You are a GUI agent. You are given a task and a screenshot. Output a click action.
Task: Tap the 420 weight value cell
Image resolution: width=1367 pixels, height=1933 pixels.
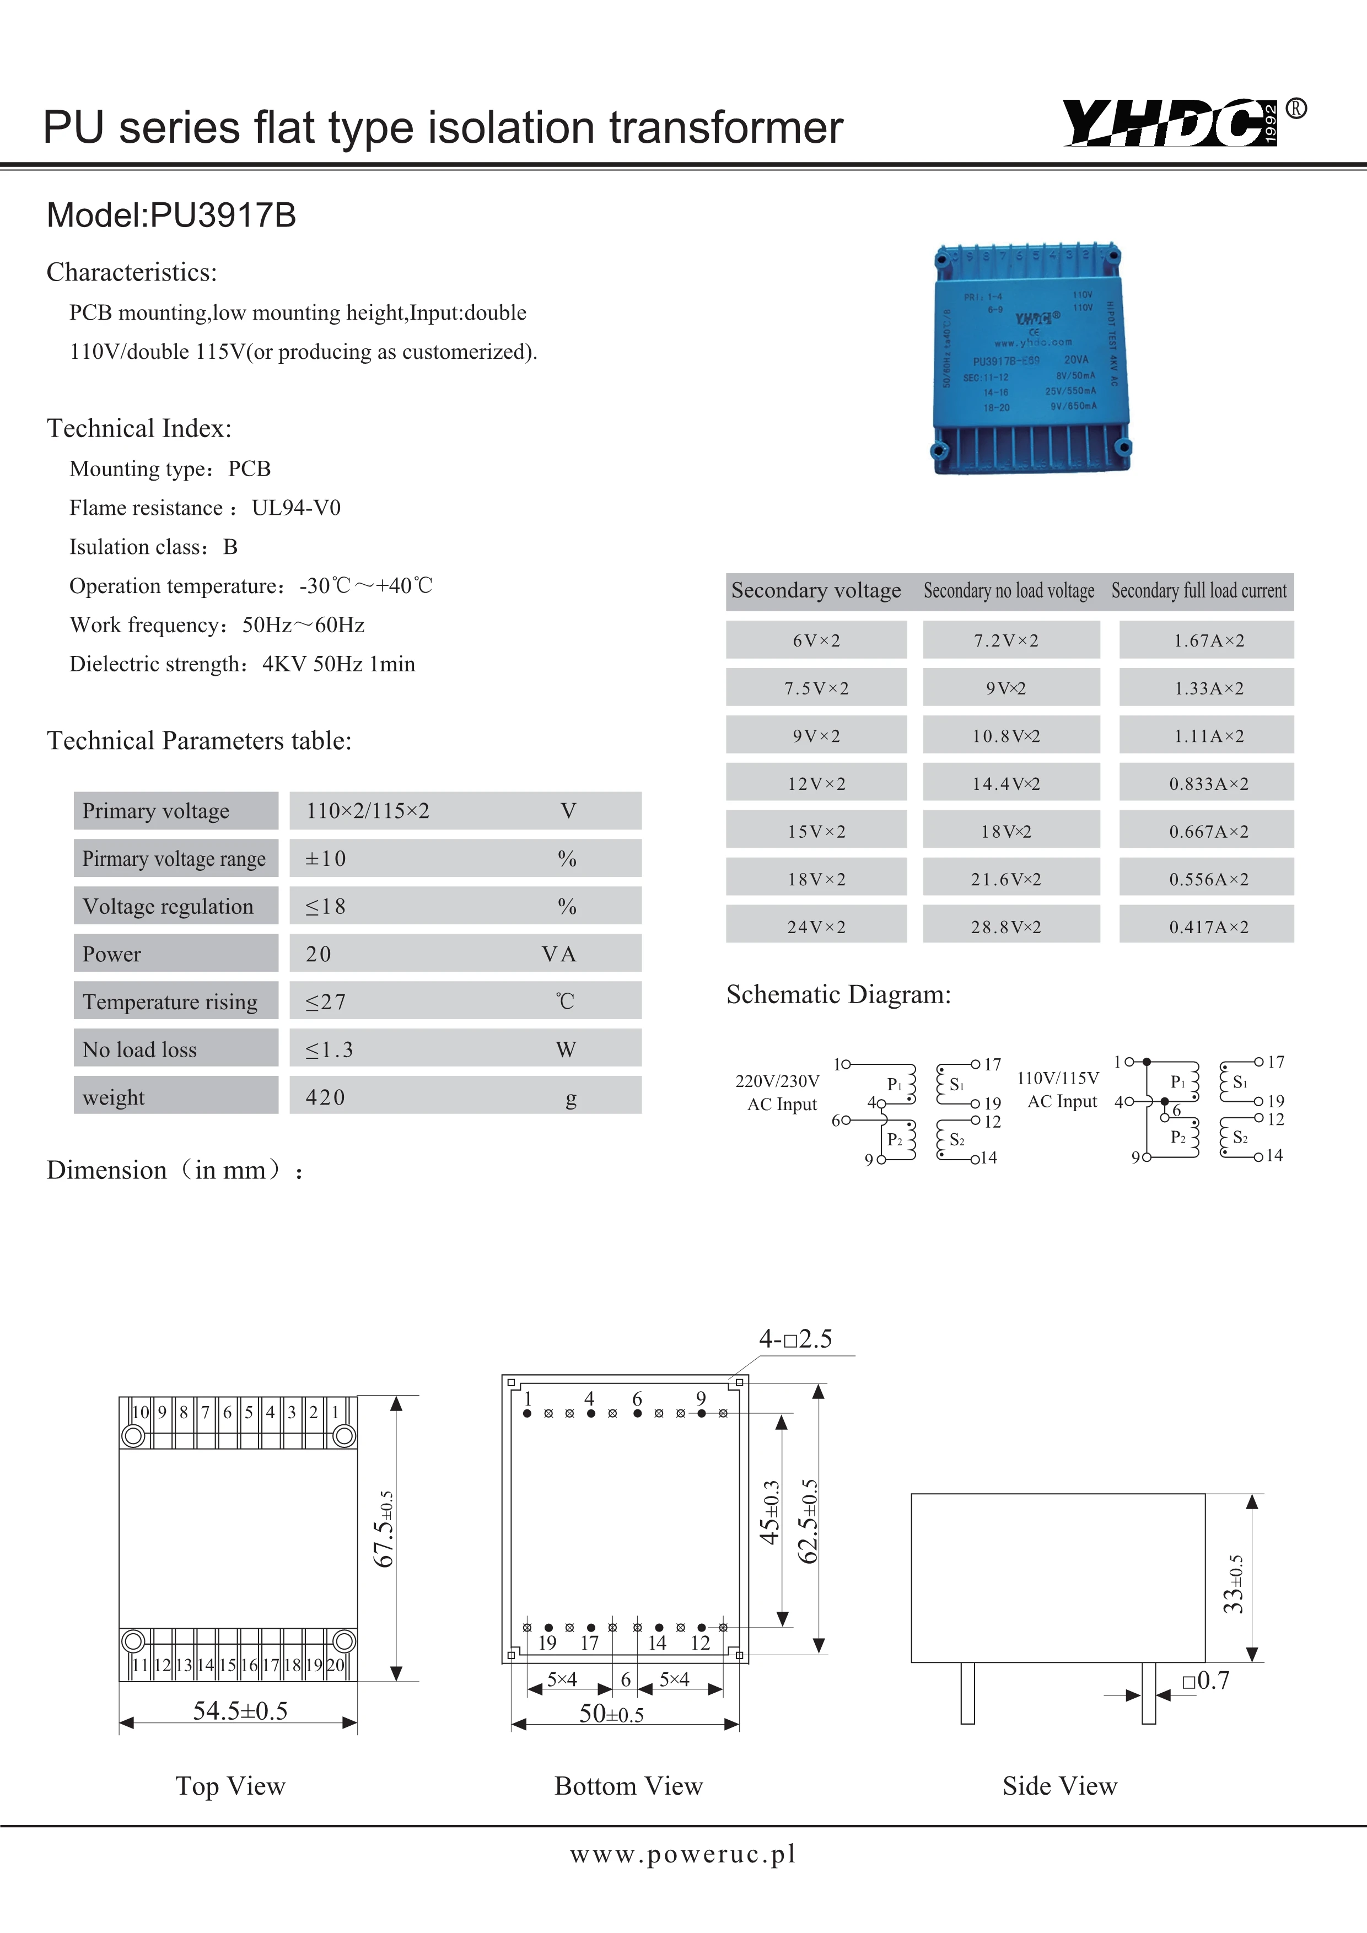point(326,1097)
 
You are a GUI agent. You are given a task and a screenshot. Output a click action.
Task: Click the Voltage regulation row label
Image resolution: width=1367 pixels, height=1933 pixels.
point(168,906)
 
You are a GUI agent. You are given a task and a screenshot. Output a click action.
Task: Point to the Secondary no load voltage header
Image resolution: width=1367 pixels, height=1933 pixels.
point(1008,591)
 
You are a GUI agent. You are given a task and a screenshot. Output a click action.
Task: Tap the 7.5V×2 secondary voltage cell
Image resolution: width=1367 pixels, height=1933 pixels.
point(816,688)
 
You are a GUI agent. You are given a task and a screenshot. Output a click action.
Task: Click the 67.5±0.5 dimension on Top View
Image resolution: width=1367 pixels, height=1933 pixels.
point(383,1528)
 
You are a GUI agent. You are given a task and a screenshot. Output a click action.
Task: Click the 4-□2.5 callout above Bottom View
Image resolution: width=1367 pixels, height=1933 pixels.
point(795,1339)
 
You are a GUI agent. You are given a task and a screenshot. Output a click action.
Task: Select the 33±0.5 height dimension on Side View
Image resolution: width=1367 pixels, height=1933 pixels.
point(1233,1584)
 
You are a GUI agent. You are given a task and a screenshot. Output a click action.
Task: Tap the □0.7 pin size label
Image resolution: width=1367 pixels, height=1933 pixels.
point(1205,1681)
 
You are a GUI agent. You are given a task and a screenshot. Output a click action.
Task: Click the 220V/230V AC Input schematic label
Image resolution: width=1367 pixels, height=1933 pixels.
point(778,1092)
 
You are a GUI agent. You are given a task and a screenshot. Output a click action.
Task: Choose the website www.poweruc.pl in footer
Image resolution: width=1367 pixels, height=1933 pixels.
point(682,1854)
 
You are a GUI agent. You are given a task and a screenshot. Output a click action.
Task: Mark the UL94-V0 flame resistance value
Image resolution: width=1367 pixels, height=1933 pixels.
point(297,508)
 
